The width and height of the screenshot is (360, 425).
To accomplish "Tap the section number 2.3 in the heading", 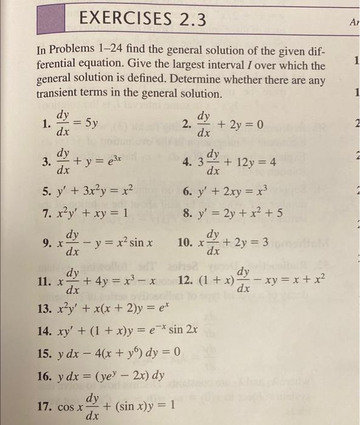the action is tap(183, 21).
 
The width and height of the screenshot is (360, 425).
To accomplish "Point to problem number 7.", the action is tap(46, 214).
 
